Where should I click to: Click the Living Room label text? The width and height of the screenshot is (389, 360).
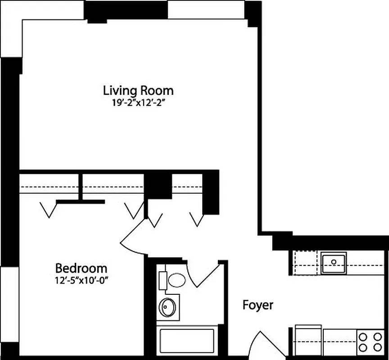coord(138,90)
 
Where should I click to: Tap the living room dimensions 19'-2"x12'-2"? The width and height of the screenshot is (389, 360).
coord(138,102)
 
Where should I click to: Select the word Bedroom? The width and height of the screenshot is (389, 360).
coord(81,269)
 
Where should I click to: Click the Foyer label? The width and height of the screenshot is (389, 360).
coord(258,305)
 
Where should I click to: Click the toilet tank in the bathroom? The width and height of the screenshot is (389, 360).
coord(163,280)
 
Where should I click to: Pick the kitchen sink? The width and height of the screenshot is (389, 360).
coord(334,261)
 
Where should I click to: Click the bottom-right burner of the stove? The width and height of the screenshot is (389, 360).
coord(376,347)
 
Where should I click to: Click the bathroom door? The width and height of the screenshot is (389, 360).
coord(204,274)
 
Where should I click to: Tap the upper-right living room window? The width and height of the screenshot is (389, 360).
coord(206,9)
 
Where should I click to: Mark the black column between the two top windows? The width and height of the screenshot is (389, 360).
coord(126,10)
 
